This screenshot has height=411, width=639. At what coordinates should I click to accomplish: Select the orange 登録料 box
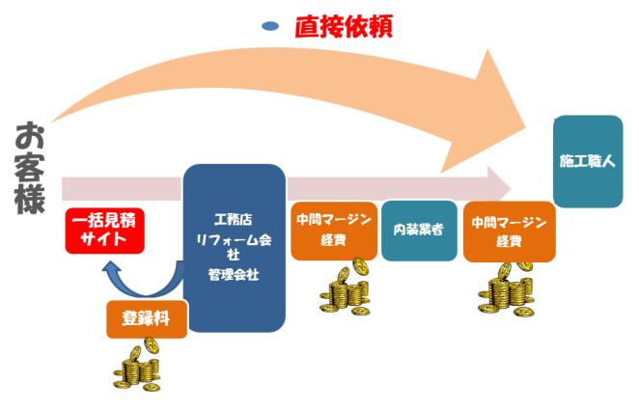pos(146,318)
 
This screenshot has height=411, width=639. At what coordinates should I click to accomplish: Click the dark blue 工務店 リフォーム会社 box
pos(234,247)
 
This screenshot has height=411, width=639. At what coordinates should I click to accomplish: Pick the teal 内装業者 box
pos(419,231)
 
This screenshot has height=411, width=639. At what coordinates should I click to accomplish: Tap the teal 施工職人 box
pos(587,161)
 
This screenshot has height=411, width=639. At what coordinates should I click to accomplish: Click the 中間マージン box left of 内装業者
pos(333,230)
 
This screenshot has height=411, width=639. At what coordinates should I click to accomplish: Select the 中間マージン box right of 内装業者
pos(509,232)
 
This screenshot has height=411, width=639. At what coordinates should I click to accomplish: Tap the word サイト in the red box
pos(103,240)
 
